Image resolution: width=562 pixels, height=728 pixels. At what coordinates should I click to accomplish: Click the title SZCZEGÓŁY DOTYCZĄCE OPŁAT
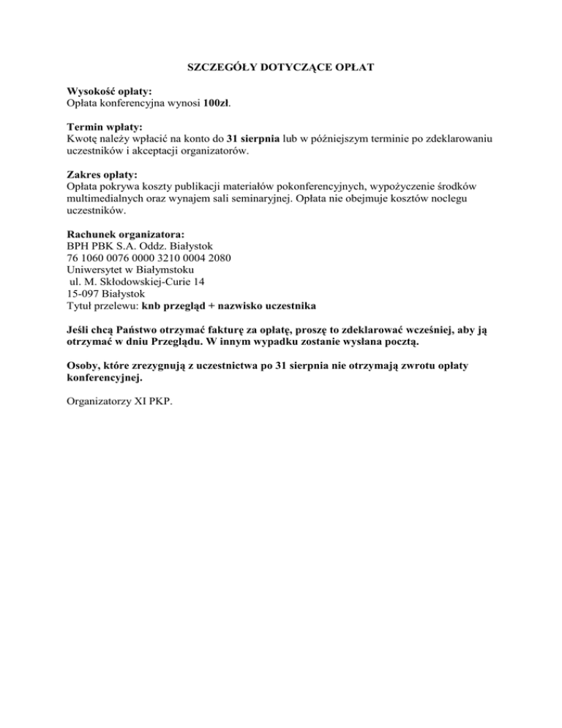coord(281,67)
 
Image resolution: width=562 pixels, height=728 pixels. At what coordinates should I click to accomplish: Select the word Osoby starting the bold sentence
coord(72,365)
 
